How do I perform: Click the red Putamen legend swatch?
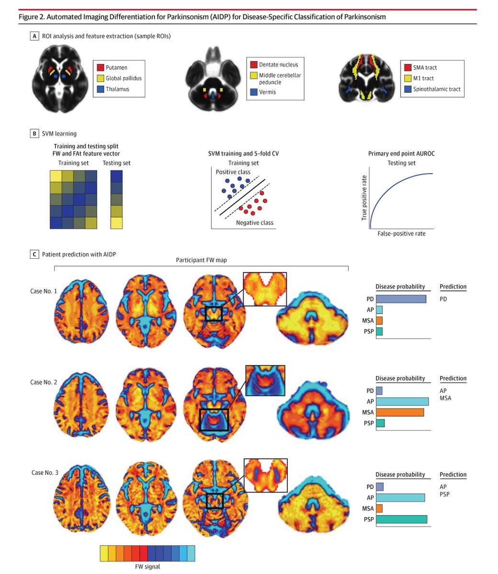click(100, 68)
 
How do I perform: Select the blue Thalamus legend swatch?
click(100, 89)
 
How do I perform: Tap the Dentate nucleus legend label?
click(278, 65)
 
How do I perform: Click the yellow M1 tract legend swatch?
click(407, 78)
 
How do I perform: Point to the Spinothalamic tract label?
click(437, 89)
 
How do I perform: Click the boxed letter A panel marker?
click(34, 36)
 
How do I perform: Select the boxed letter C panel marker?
click(34, 254)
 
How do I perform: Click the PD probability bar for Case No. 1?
click(401, 299)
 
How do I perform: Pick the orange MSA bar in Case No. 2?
click(400, 412)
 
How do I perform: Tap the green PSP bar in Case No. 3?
click(401, 519)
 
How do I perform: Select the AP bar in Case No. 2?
click(402, 401)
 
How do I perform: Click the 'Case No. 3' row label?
click(45, 473)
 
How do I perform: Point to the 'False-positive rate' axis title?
click(401, 233)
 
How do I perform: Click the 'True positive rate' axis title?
click(364, 197)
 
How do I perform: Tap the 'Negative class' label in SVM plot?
click(255, 223)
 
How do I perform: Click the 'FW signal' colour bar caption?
click(147, 567)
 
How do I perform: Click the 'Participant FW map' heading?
click(201, 260)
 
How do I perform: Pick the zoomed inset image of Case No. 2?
click(265, 380)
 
